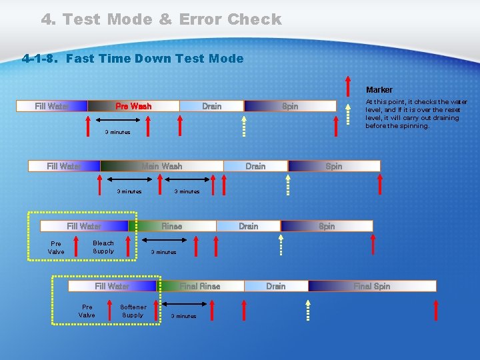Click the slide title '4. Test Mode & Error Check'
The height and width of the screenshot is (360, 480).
(x=161, y=19)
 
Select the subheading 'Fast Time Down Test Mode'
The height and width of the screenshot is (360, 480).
(x=155, y=59)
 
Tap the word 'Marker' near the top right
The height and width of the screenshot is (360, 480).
(x=379, y=90)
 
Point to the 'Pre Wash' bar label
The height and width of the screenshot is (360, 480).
(x=133, y=106)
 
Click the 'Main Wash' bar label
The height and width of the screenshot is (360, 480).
(x=161, y=166)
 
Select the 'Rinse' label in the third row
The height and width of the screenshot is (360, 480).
(x=171, y=226)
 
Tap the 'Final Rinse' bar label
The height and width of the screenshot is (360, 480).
(x=200, y=286)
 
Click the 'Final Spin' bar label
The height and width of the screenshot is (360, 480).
(x=372, y=286)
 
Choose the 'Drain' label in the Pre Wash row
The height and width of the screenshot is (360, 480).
(x=211, y=106)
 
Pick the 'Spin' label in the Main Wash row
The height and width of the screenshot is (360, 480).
(x=334, y=166)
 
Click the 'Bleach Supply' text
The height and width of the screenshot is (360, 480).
(x=103, y=247)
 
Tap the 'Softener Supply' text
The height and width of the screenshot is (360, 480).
(x=133, y=311)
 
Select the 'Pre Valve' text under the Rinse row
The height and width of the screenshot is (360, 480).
(x=56, y=248)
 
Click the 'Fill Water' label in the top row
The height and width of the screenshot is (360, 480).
(x=52, y=106)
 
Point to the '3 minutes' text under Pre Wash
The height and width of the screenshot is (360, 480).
(x=118, y=133)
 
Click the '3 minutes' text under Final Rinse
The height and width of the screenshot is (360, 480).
(x=184, y=316)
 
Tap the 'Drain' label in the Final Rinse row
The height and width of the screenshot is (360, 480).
(x=276, y=286)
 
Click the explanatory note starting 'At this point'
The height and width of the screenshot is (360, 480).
(x=416, y=114)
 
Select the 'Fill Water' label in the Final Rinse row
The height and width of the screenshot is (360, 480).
(x=112, y=286)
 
